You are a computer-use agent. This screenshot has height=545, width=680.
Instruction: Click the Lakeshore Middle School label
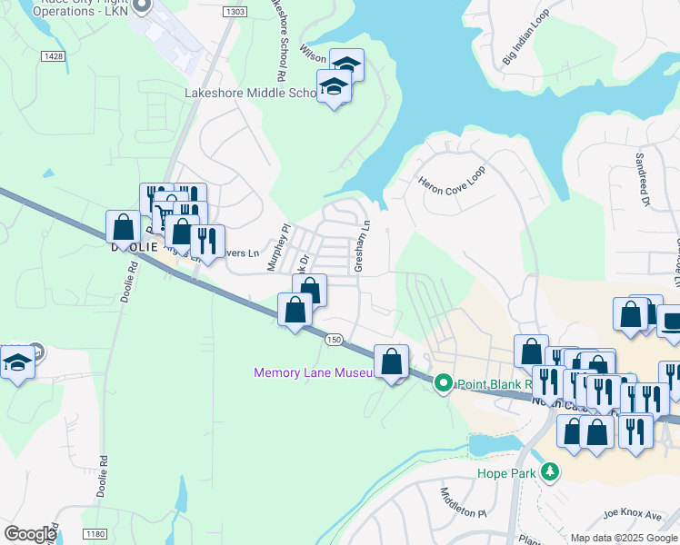coord(249,93)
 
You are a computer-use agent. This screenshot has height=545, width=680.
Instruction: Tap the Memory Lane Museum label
coord(314,372)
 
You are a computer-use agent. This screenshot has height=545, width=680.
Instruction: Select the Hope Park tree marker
coord(549,471)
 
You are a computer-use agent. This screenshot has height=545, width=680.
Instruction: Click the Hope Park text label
coord(506,472)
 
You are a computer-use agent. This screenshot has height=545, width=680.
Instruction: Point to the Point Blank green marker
coord(444,383)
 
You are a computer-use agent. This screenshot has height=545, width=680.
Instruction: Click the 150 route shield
coord(334,339)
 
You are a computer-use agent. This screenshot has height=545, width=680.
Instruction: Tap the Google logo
coord(30,534)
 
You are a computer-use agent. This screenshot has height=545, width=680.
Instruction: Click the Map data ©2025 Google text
coord(624,538)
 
